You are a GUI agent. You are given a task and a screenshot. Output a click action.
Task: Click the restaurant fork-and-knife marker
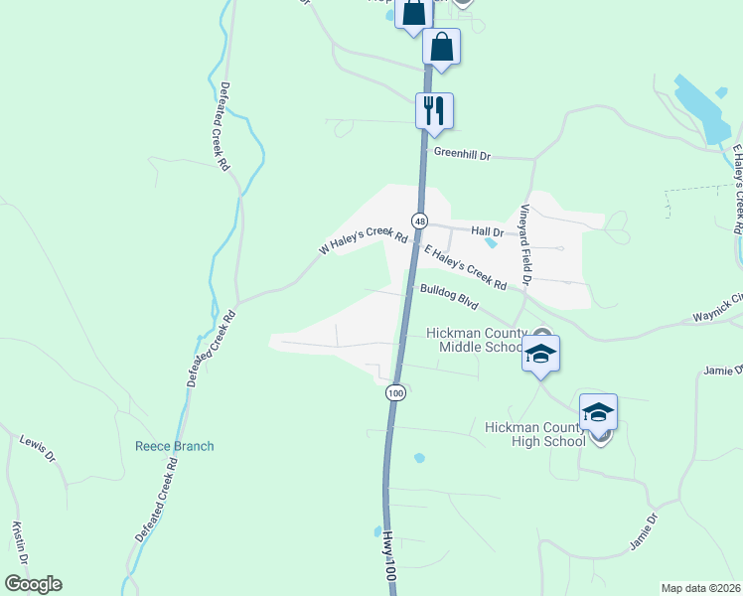click(x=434, y=109)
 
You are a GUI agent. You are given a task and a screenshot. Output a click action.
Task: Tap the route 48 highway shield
click(x=422, y=220)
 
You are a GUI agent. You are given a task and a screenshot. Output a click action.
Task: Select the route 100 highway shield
click(x=396, y=392)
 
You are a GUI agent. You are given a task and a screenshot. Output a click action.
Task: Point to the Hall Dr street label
click(x=488, y=229)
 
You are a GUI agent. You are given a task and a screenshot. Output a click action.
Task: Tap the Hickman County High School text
click(x=532, y=434)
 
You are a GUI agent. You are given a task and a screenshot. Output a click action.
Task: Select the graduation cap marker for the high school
click(x=599, y=412)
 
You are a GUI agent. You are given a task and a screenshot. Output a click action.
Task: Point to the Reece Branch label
click(x=174, y=446)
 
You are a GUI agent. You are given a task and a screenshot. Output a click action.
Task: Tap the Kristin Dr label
click(x=17, y=540)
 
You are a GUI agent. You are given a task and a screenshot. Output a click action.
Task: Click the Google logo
click(x=33, y=584)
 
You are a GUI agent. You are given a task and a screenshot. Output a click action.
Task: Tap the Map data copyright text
click(x=701, y=588)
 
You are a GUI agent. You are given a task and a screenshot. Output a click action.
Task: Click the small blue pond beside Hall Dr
click(x=491, y=242)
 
